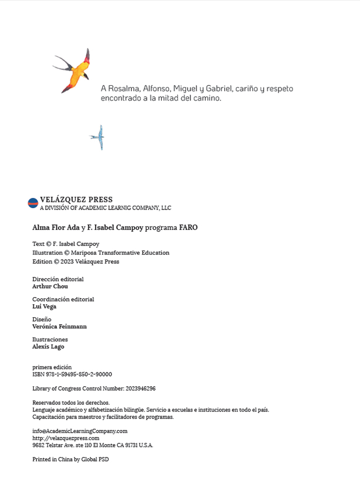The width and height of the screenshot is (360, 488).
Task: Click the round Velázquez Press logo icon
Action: point(33,203)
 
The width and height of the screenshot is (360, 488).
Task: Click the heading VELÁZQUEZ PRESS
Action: point(76,200)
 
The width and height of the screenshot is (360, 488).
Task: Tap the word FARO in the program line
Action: point(188,228)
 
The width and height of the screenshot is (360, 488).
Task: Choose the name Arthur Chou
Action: point(50,286)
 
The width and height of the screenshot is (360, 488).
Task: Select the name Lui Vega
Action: point(44,306)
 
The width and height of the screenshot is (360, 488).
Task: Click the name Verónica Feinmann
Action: point(60,327)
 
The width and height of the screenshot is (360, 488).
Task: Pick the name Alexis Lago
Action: point(48,347)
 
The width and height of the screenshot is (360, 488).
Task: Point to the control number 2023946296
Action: point(141,388)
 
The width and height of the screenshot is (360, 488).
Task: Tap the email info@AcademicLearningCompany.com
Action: point(80,431)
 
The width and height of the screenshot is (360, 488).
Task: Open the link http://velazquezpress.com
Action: point(66,438)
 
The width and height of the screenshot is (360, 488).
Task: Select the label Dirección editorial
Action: point(58,279)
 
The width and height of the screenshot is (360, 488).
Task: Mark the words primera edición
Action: point(52,367)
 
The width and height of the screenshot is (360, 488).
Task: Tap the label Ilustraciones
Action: point(50,340)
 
